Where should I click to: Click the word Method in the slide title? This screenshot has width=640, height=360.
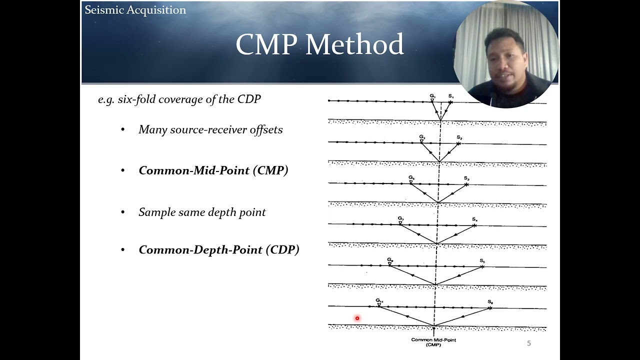click(354, 45)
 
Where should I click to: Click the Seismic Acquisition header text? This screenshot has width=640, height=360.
click(135, 10)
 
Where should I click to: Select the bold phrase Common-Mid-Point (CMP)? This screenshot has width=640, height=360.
click(213, 170)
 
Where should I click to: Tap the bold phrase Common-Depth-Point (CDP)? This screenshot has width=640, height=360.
click(219, 250)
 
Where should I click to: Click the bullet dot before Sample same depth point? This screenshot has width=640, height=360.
click(123, 212)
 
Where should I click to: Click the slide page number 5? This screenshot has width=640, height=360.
click(529, 343)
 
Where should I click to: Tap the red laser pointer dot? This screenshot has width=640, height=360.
click(357, 318)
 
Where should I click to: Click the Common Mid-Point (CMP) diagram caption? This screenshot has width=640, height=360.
click(433, 342)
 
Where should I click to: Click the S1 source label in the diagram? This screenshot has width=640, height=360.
click(450, 96)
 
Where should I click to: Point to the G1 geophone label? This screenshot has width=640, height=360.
click(432, 95)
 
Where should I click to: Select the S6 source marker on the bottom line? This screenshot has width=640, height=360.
click(490, 308)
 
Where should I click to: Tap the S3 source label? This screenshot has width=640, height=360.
click(466, 178)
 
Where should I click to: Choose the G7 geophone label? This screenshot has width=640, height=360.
click(400, 218)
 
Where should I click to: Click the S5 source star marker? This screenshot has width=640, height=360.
click(482, 266)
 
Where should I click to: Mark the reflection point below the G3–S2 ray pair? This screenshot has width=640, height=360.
click(439, 161)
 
